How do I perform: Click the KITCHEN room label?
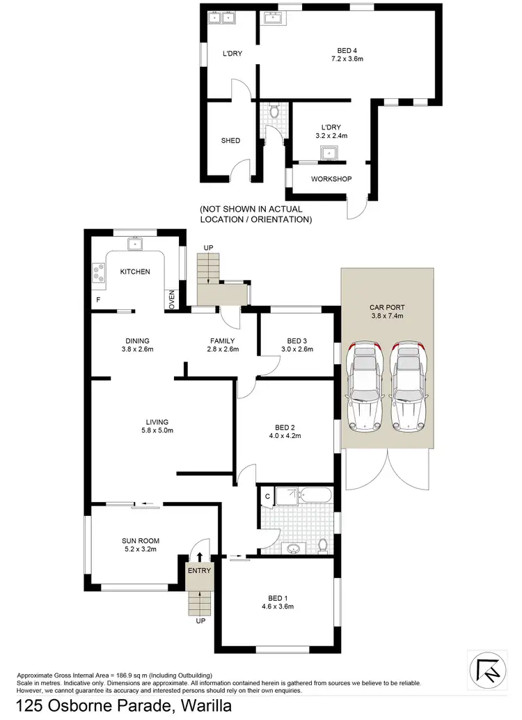[x=135, y=272]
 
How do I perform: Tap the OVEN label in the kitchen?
[x=171, y=300]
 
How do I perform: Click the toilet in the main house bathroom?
[x=322, y=544]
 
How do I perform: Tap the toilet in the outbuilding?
[x=274, y=111]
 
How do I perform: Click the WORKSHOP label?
[x=331, y=179]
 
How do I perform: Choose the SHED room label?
[x=230, y=141]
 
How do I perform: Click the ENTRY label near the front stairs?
[x=199, y=571]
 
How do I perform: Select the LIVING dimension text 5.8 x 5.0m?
[x=157, y=431]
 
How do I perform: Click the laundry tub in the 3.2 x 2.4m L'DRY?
[x=328, y=153]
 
